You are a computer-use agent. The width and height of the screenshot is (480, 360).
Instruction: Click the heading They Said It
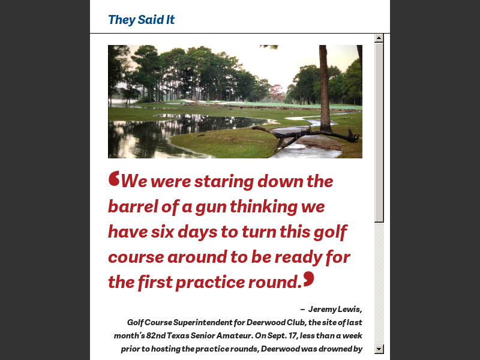click(x=141, y=20)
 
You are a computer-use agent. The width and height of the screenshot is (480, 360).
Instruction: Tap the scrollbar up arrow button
click(x=379, y=38)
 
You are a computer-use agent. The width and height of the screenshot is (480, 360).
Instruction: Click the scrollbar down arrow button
click(x=379, y=349)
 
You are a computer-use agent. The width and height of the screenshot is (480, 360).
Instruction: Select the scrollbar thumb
click(x=379, y=132)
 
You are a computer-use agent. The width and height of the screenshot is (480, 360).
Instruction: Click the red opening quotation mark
click(x=114, y=179)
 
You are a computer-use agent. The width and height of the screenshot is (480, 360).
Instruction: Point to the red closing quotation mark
click(x=308, y=278)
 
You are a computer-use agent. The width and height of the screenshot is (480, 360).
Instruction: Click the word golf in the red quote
click(x=331, y=232)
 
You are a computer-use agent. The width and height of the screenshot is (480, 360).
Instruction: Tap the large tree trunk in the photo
click(x=325, y=84)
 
